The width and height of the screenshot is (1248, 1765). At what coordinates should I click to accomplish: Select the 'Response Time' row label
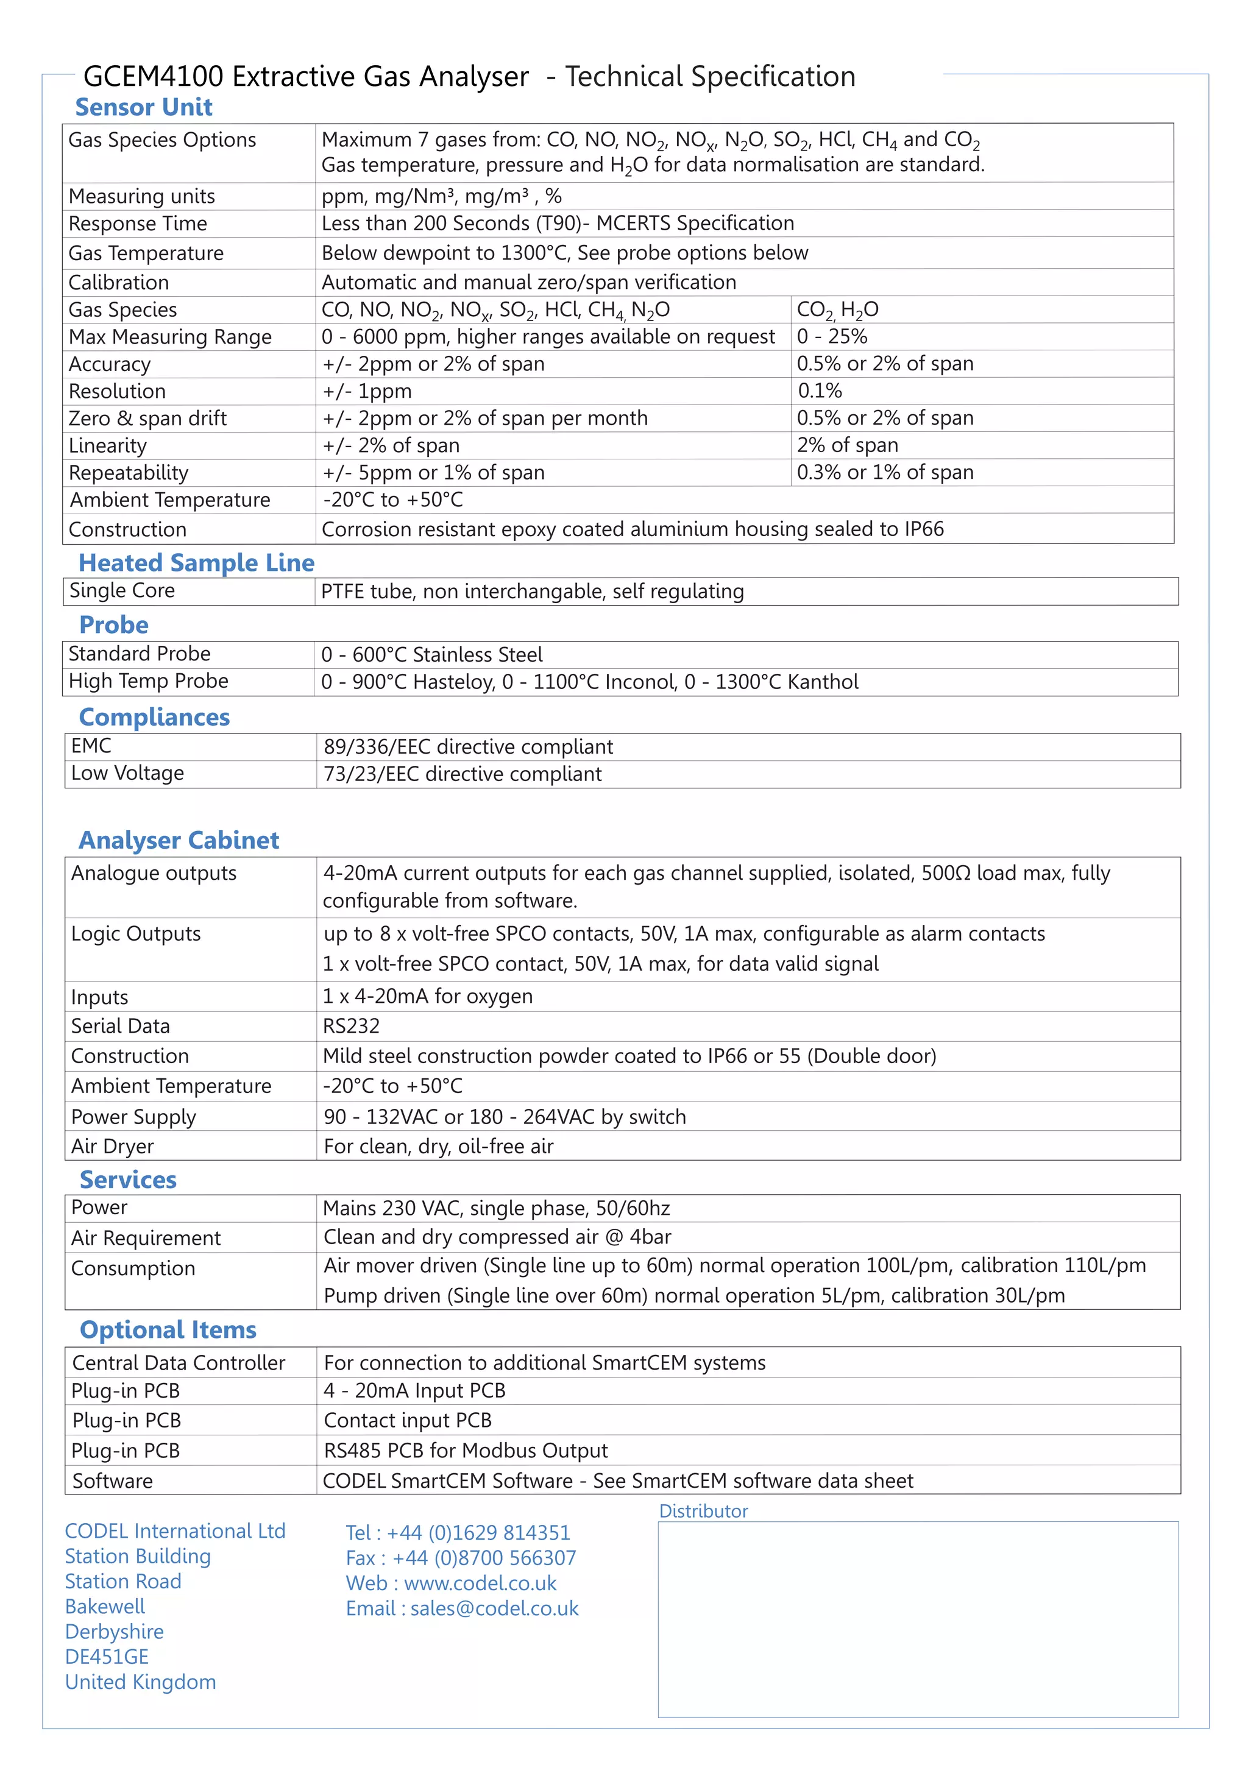coord(138,224)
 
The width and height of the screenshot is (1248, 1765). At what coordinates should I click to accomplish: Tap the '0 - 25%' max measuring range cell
coord(832,337)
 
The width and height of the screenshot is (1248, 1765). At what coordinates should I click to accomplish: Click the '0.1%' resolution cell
coord(820,391)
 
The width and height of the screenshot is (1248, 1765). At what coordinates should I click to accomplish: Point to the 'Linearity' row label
coord(108,446)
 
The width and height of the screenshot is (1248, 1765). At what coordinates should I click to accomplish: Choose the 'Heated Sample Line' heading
coord(197,563)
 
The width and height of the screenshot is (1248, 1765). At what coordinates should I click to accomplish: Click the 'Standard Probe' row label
coord(139,654)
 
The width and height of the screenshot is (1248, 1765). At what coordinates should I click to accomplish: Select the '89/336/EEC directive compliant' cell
coord(468,746)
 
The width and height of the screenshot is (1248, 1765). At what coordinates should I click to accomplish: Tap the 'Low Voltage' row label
coord(127,773)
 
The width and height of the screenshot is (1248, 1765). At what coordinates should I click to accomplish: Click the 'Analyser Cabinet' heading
coord(179,840)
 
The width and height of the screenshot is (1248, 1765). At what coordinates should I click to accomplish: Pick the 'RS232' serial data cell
coord(352,1026)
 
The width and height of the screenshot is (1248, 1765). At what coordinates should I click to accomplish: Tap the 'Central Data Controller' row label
coord(179,1363)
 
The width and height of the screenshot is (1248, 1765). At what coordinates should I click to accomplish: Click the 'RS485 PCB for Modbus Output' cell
coord(465,1451)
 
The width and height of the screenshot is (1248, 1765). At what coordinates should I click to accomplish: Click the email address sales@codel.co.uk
coord(494,1608)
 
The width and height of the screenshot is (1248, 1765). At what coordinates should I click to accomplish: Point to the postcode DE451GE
coord(107,1657)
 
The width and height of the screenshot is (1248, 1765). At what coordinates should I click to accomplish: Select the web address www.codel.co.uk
coord(481,1583)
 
